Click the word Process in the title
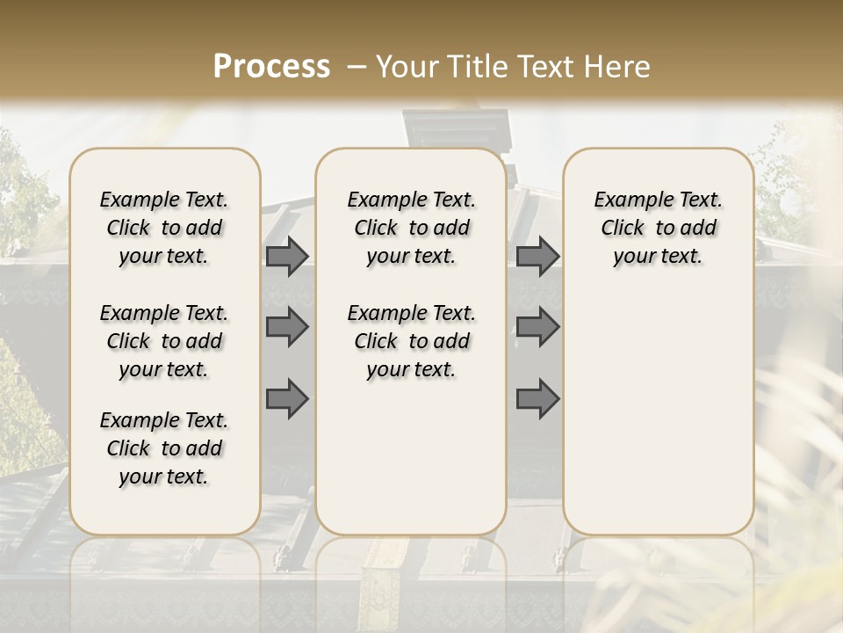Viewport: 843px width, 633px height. click(x=271, y=66)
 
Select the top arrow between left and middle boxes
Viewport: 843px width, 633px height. click(x=287, y=256)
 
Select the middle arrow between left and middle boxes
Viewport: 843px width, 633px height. click(x=287, y=327)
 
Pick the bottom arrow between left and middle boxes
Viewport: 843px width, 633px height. click(x=287, y=399)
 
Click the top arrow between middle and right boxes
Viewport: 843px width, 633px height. click(x=537, y=256)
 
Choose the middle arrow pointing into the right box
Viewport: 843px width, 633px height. click(x=537, y=327)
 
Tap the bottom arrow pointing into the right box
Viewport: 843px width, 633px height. click(x=537, y=399)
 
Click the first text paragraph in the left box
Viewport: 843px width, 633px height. click(x=164, y=228)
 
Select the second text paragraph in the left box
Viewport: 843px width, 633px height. click(x=164, y=341)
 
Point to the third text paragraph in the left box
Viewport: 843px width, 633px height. click(x=164, y=448)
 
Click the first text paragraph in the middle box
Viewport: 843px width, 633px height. click(x=411, y=228)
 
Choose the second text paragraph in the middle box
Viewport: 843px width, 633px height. click(x=411, y=341)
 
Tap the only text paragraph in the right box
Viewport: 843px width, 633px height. click(x=658, y=228)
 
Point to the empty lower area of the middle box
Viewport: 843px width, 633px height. click(x=411, y=457)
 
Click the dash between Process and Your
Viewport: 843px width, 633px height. click(x=355, y=67)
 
